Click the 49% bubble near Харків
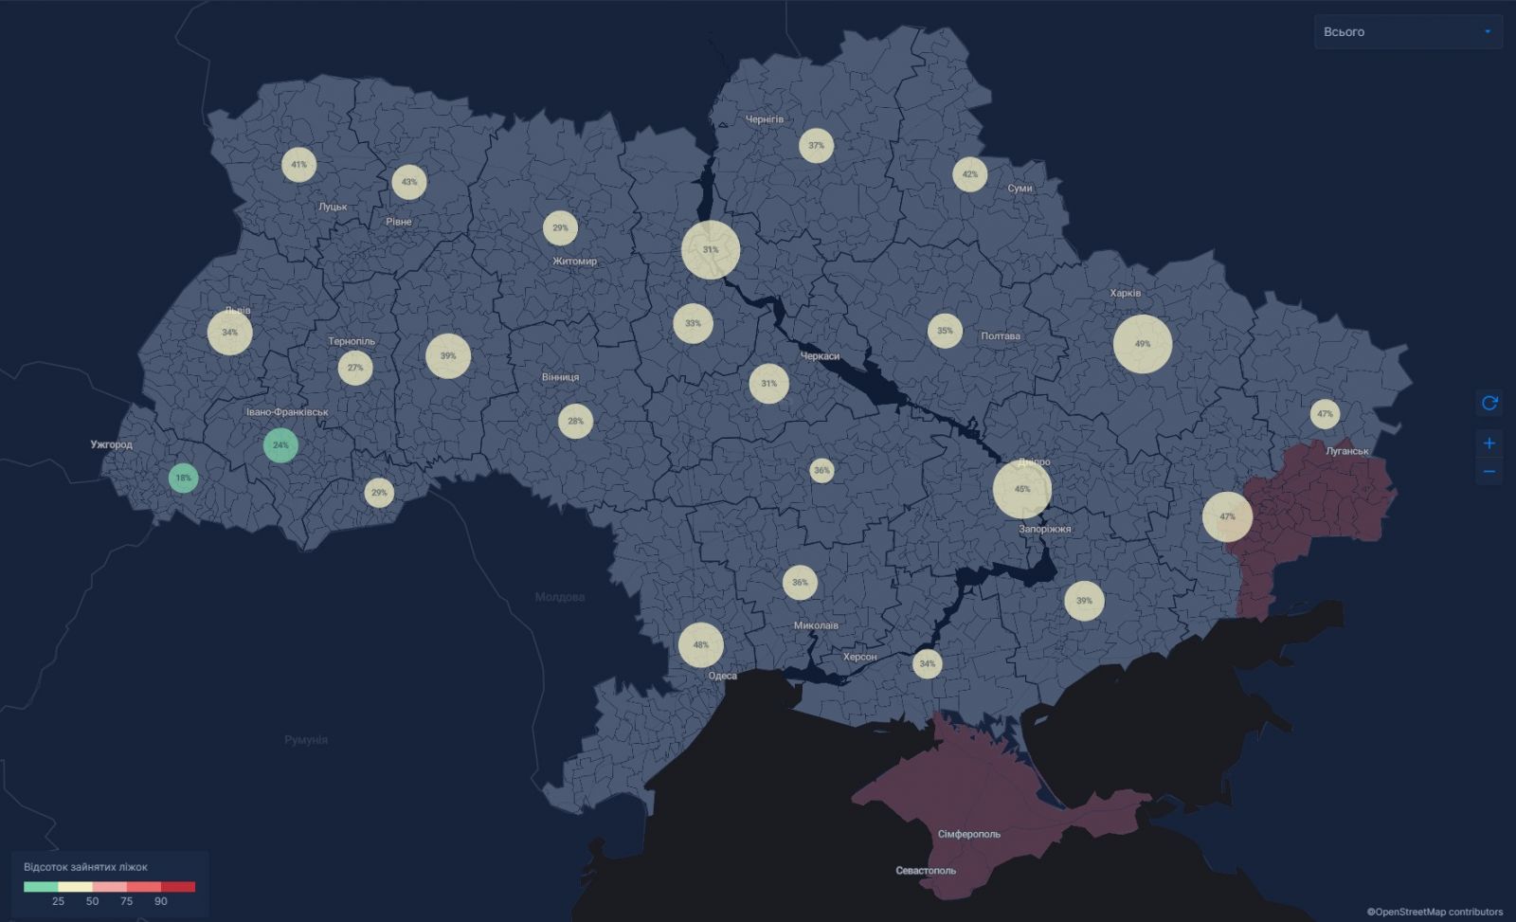(x=1143, y=343)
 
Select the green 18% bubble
(x=183, y=478)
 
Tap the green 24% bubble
(x=280, y=444)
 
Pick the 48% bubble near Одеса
(x=701, y=644)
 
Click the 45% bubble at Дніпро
(x=1022, y=489)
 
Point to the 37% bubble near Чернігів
(x=816, y=145)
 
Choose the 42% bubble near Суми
(x=969, y=174)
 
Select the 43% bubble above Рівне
(x=409, y=182)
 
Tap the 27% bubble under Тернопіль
(x=355, y=368)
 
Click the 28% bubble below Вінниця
(x=575, y=421)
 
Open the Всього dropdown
(x=1408, y=32)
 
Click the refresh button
(x=1489, y=403)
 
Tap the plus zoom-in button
(x=1489, y=443)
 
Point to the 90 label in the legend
(x=161, y=901)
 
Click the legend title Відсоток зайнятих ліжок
(x=85, y=867)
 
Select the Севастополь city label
(x=926, y=870)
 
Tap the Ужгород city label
(x=112, y=444)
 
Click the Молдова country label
(x=560, y=597)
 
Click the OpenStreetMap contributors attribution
(x=1435, y=912)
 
